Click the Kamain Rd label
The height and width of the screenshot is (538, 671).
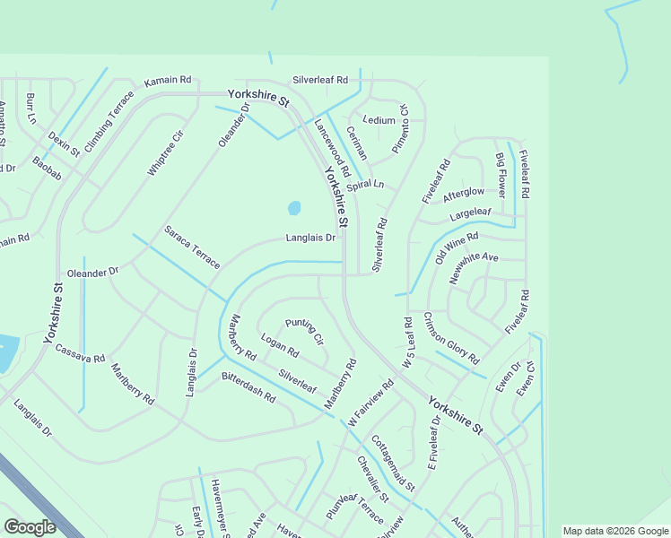(x=169, y=79)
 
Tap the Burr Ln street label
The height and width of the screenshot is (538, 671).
(x=30, y=108)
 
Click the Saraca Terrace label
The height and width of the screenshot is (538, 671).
(x=191, y=247)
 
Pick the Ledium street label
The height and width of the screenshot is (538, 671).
(x=379, y=120)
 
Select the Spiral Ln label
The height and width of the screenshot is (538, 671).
(x=365, y=185)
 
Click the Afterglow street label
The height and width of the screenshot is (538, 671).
(x=464, y=193)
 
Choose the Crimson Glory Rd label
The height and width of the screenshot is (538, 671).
(x=450, y=338)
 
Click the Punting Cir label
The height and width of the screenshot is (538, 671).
(x=304, y=331)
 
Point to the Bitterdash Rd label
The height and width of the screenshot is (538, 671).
(x=248, y=383)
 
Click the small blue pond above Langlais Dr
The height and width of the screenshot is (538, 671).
(x=293, y=209)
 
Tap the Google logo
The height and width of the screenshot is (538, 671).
(x=30, y=527)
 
